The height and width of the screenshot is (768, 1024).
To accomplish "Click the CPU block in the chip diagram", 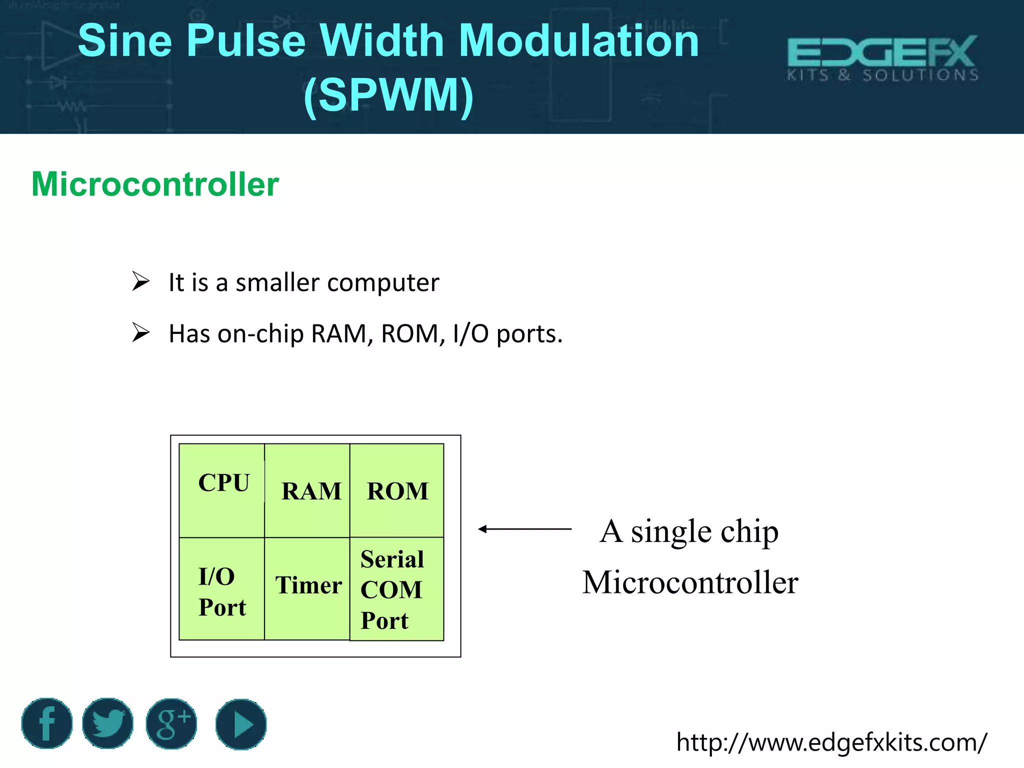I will [222, 490].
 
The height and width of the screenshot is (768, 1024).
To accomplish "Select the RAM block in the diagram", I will [307, 490].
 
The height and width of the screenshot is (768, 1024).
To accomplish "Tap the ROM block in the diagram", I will [397, 490].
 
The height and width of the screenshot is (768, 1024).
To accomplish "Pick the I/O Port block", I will [222, 589].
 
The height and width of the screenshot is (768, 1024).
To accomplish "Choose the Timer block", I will [307, 588].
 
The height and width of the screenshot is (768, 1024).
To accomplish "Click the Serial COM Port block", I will [396, 589].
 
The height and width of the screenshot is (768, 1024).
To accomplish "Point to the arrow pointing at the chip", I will [524, 529].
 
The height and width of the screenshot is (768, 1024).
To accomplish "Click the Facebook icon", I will [47, 723].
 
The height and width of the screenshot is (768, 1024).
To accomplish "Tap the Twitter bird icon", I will [108, 723].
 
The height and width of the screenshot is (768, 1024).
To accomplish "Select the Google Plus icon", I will [171, 723].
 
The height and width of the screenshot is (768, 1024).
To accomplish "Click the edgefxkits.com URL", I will [831, 742].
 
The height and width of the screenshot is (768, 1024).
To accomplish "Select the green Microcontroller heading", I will [155, 184].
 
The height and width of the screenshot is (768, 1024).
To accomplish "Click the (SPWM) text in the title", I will [388, 94].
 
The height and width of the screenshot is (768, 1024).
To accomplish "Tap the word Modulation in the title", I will [578, 41].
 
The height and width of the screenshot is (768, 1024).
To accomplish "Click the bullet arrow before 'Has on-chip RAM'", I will [140, 332].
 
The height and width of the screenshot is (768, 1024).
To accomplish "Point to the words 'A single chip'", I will [689, 531].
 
